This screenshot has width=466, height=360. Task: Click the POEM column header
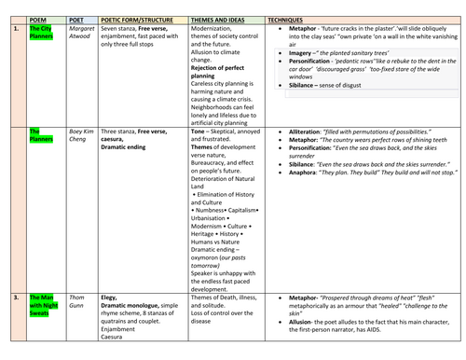39,17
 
